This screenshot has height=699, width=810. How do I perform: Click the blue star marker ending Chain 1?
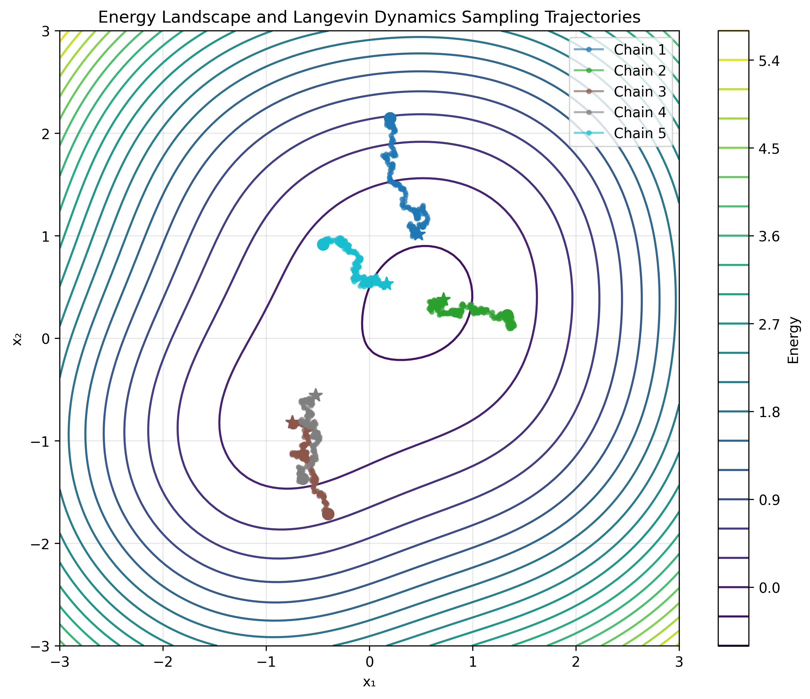(x=418, y=234)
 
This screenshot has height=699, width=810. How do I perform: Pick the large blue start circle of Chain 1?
(x=390, y=118)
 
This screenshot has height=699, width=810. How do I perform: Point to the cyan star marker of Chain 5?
(x=386, y=284)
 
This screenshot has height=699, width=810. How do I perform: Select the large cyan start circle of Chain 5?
(x=323, y=244)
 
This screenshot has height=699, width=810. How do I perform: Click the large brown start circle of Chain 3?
(x=328, y=514)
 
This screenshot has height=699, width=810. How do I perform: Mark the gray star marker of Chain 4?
(x=315, y=395)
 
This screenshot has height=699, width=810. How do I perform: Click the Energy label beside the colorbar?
(x=794, y=340)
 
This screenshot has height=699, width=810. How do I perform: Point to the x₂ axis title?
(x=16, y=339)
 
